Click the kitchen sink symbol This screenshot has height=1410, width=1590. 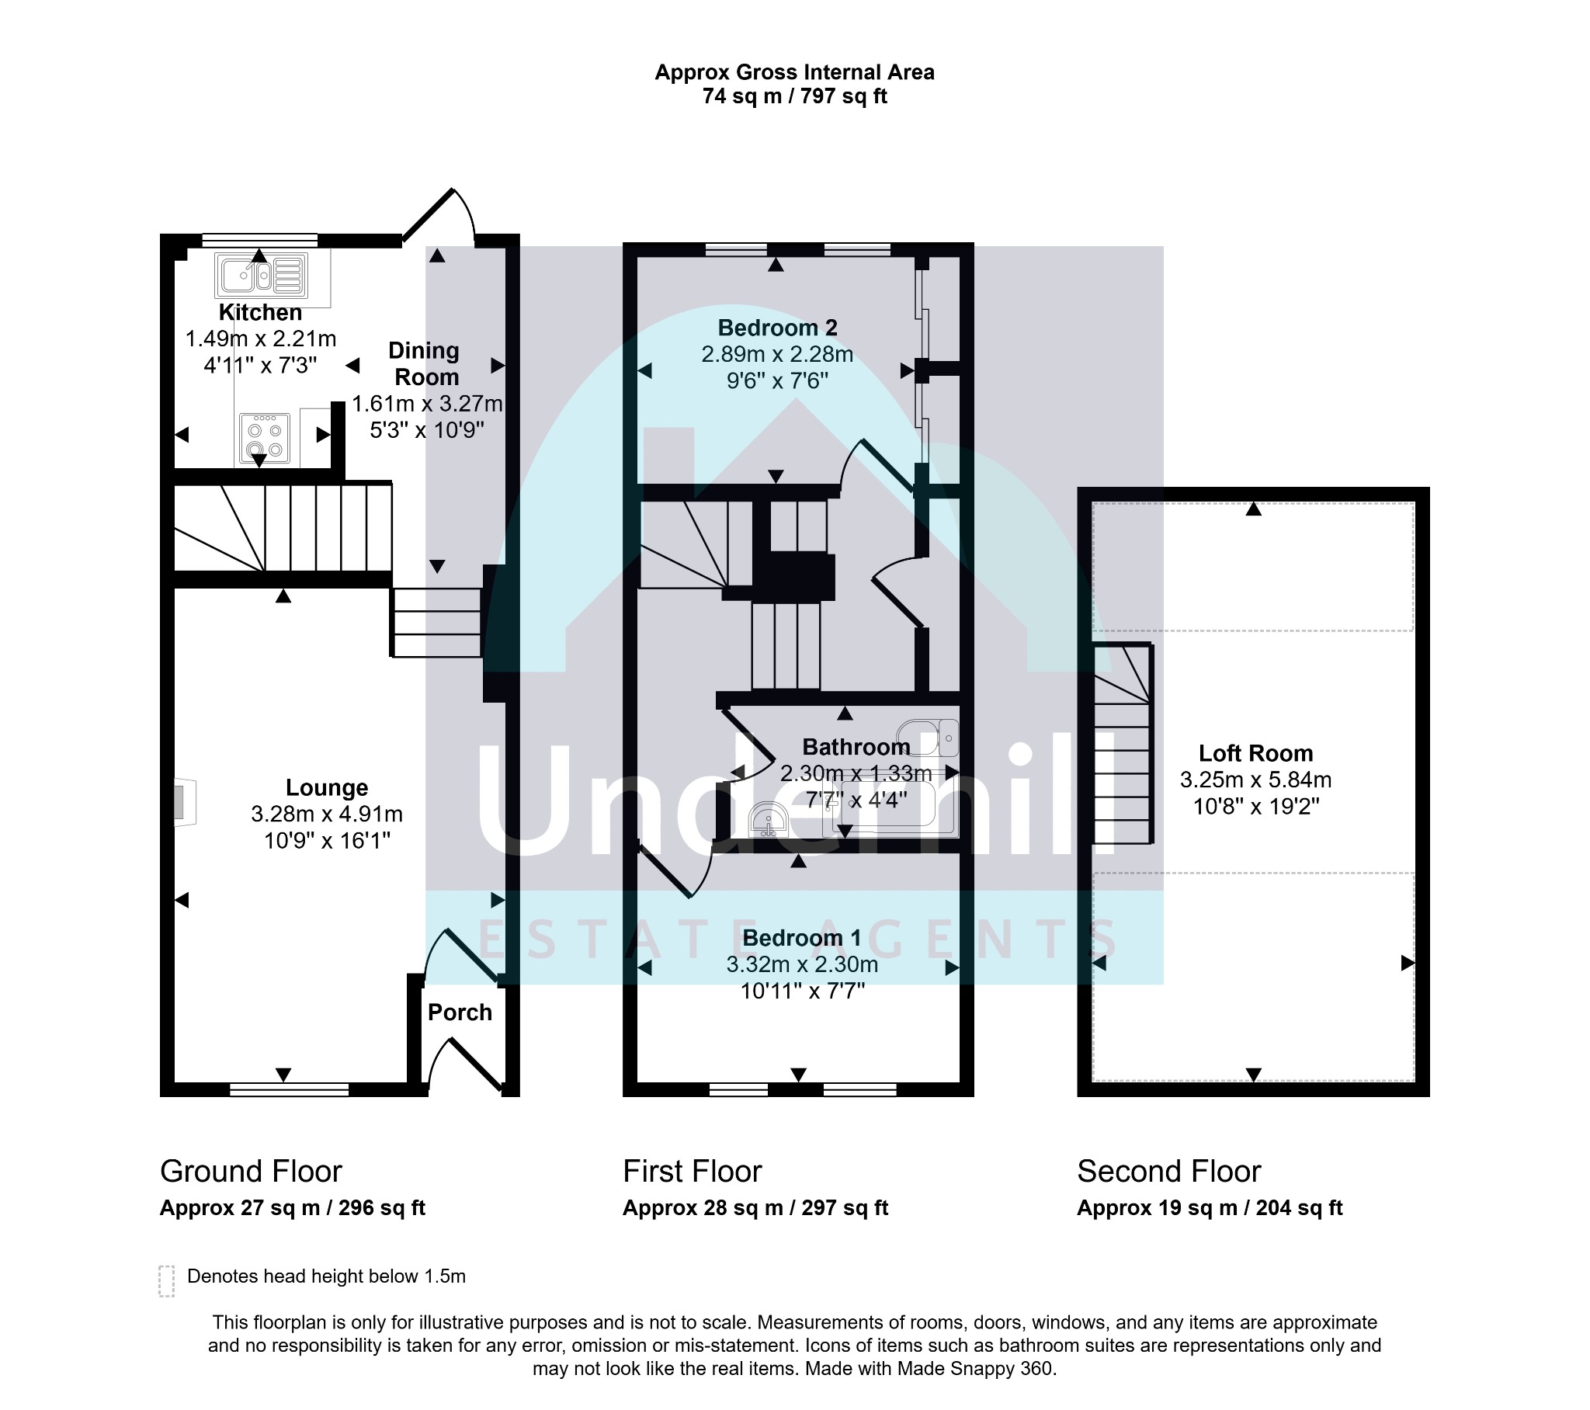261,275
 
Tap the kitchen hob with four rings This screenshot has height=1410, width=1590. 265,438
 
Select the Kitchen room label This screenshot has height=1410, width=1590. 260,312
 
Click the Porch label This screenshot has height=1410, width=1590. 460,1012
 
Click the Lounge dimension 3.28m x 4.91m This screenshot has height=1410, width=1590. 327,814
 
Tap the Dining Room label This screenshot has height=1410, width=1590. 425,363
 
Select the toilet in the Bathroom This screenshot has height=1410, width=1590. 928,737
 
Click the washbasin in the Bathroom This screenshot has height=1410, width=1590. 769,820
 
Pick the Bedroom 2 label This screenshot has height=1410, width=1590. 777,328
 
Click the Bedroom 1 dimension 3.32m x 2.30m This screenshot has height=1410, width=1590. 802,964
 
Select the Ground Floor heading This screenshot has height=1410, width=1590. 251,1171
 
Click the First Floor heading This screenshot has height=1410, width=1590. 693,1171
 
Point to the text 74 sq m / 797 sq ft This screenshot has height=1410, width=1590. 794,96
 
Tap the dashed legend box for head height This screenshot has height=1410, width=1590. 166,1281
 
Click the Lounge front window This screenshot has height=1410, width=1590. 290,1089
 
